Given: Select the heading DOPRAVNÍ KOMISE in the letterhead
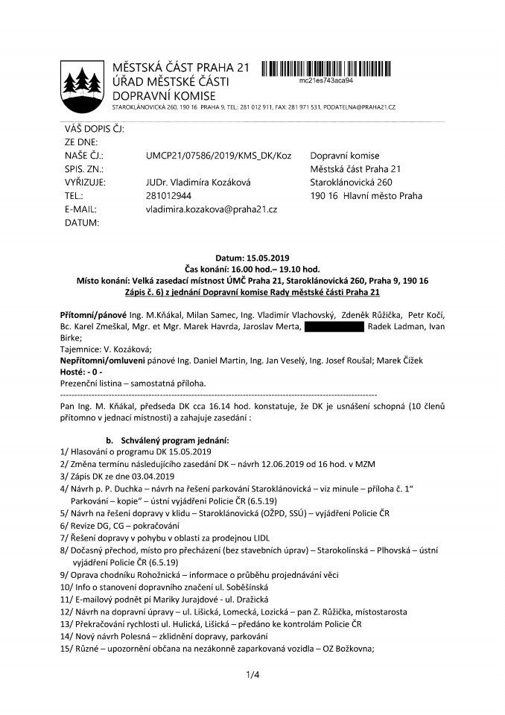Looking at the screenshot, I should pos(164,95).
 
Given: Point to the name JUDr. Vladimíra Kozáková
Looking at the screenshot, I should pos(203,182).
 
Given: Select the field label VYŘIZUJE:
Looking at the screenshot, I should pos(85,182).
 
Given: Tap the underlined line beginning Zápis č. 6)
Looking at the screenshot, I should pos(252,292).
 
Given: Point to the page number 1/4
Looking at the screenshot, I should pos(252,676).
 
